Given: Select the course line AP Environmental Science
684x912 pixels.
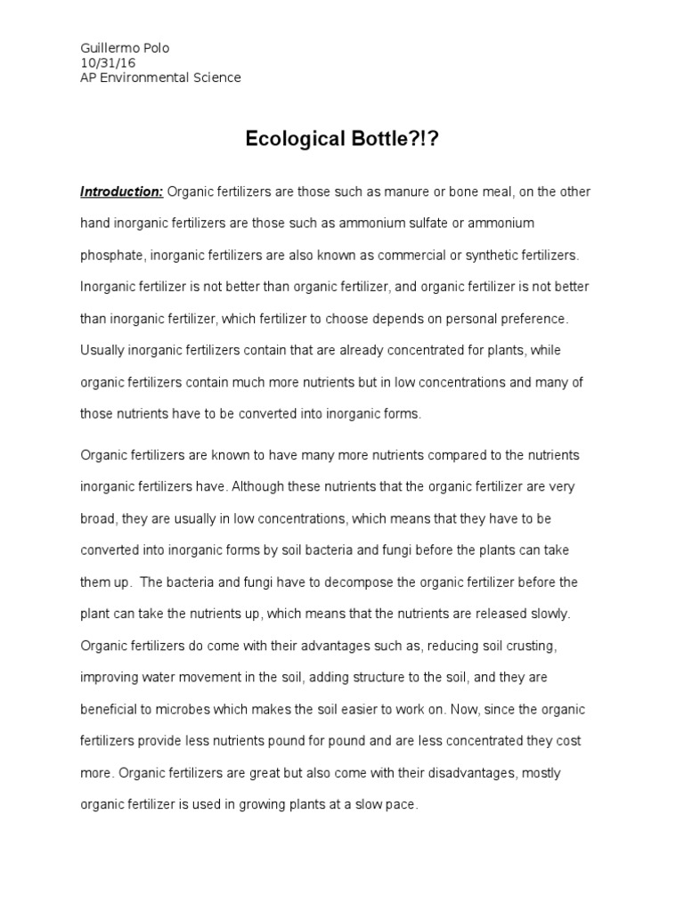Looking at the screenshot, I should coord(160,77).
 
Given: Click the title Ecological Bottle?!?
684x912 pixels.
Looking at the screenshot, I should coord(342,141).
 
